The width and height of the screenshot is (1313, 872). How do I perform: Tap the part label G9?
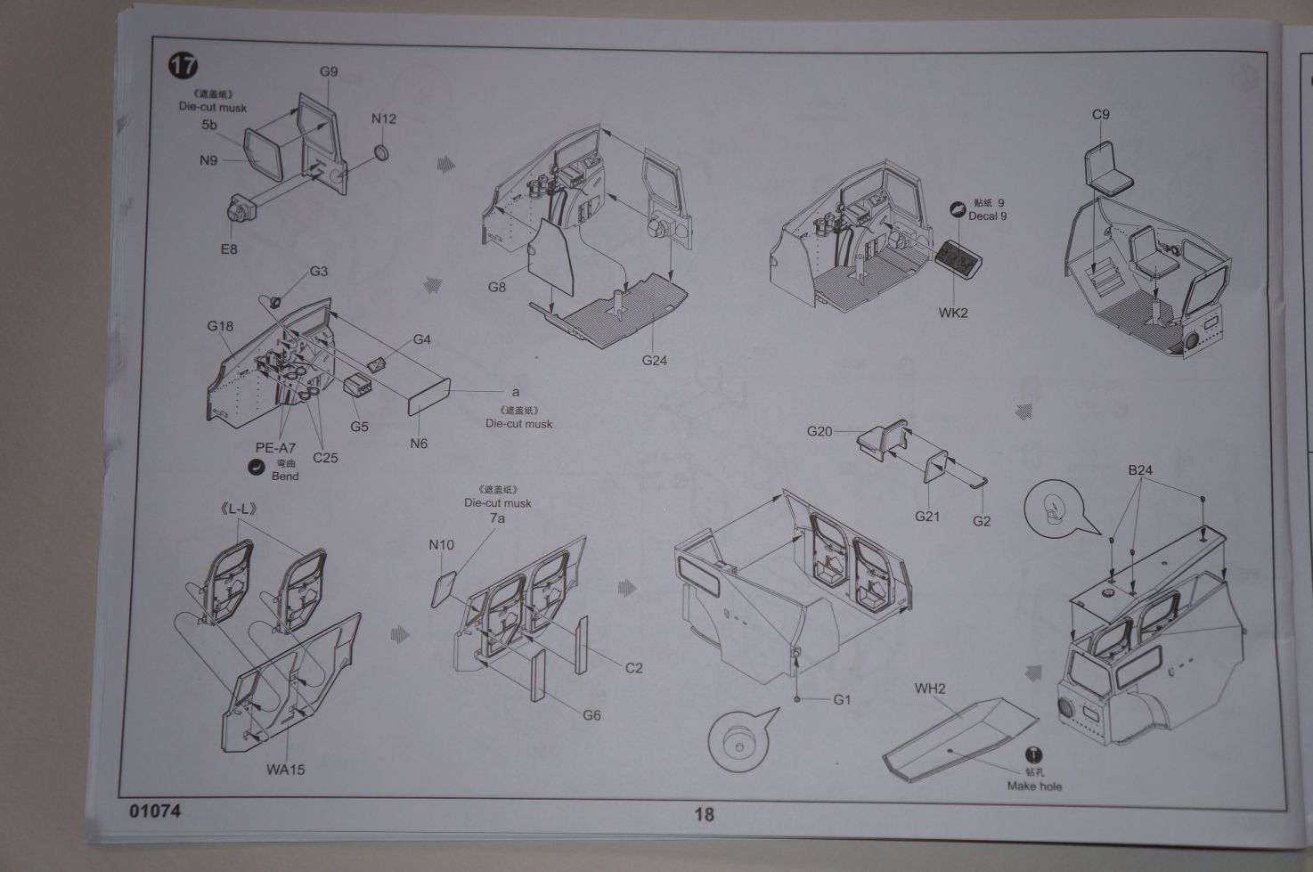pyautogui.click(x=329, y=72)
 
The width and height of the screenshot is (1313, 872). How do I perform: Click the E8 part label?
pyautogui.click(x=229, y=249)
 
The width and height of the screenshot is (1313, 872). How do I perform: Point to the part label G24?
pyautogui.click(x=655, y=361)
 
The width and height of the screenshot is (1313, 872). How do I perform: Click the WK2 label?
pyautogui.click(x=952, y=313)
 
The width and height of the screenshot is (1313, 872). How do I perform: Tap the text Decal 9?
pyautogui.click(x=988, y=216)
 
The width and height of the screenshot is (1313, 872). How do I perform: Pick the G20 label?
pyautogui.click(x=820, y=431)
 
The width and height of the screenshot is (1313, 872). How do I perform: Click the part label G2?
pyautogui.click(x=982, y=521)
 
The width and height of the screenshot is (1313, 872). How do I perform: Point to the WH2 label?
pyautogui.click(x=930, y=689)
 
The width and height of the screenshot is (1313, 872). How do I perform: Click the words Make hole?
pyautogui.click(x=1034, y=786)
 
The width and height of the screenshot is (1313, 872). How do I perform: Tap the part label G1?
pyautogui.click(x=842, y=700)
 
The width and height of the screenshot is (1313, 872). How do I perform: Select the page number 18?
pyautogui.click(x=704, y=813)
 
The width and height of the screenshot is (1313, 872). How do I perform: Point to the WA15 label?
pyautogui.click(x=285, y=769)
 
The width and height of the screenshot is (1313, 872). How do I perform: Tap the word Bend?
pyautogui.click(x=285, y=477)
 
